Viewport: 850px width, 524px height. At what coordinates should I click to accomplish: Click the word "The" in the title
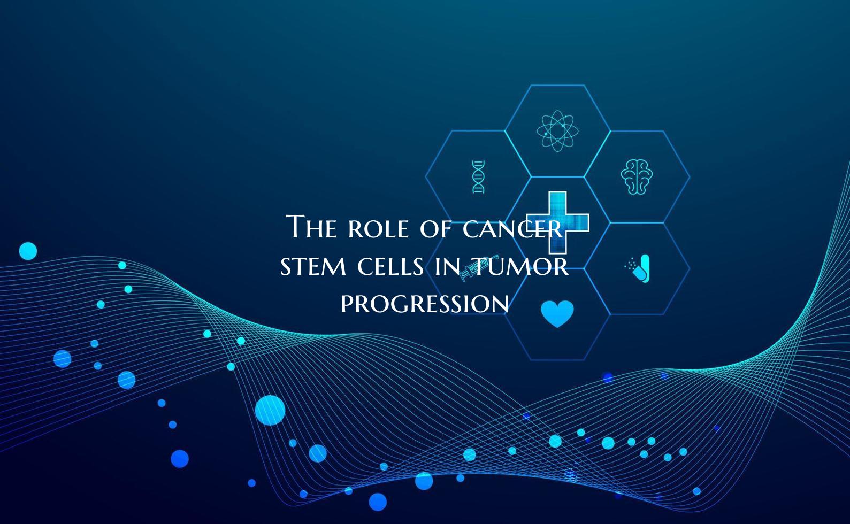311,227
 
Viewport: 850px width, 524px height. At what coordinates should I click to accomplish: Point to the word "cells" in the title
391,266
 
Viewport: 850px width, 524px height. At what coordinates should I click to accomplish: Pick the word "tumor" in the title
522,266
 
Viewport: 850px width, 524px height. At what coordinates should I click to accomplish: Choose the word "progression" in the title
425,304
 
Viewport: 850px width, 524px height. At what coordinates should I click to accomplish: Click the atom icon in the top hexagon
557,130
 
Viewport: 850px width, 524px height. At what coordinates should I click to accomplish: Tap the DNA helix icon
478,176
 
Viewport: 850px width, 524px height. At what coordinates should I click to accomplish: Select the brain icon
637,176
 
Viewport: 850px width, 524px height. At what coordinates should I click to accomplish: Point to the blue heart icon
557,313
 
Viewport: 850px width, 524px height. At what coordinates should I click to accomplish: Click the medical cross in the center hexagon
558,222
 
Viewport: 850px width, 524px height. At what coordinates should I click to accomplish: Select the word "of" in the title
435,229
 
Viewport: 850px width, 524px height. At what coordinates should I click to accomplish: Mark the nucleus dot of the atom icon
557,130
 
